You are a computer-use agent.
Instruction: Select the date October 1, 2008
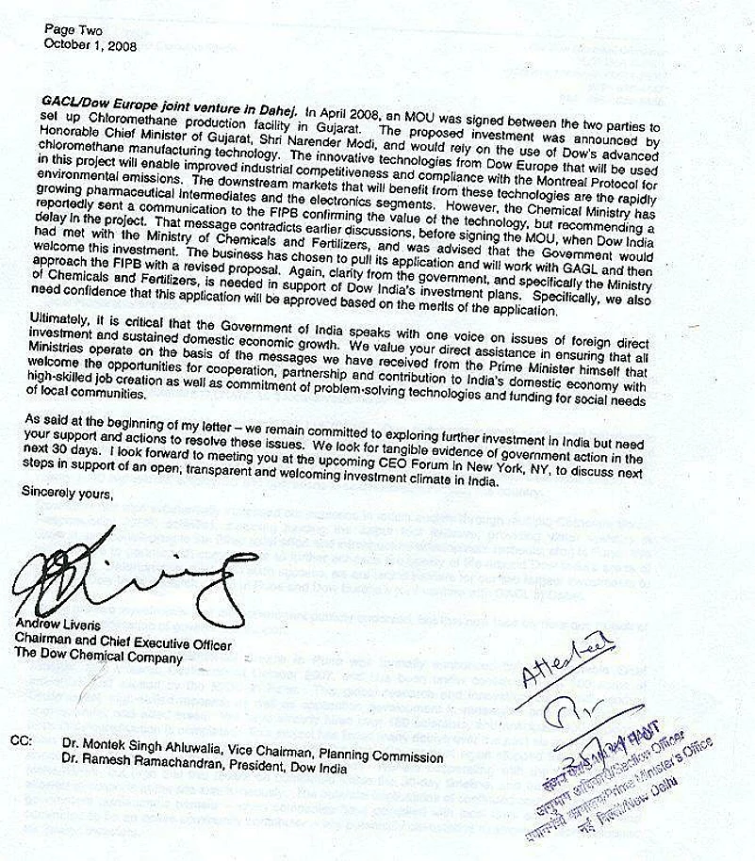(x=90, y=44)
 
